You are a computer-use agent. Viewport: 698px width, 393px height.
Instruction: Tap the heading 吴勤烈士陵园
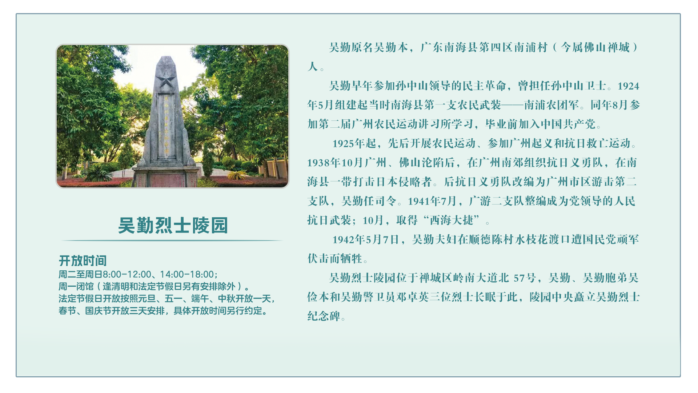[x=173, y=225]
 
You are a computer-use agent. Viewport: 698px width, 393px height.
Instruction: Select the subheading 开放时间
[x=83, y=261]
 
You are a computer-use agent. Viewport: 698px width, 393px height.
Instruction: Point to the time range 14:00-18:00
[x=187, y=274]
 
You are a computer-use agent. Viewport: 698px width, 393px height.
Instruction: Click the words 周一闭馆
[x=76, y=286]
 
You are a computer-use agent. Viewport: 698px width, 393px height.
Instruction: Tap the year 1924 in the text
[x=628, y=86]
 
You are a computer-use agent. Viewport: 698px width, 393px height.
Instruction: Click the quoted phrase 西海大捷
[x=452, y=220]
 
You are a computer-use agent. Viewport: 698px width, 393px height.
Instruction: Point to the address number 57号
[x=525, y=278]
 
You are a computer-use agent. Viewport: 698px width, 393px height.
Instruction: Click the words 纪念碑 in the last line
[x=324, y=316]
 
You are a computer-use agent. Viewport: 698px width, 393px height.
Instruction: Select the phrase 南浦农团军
[x=551, y=105]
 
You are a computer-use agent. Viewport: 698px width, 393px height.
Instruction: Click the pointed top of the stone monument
[x=166, y=57]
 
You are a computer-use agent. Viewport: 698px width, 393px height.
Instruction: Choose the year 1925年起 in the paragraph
[x=354, y=143]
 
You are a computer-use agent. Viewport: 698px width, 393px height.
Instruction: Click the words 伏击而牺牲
[x=335, y=259]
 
